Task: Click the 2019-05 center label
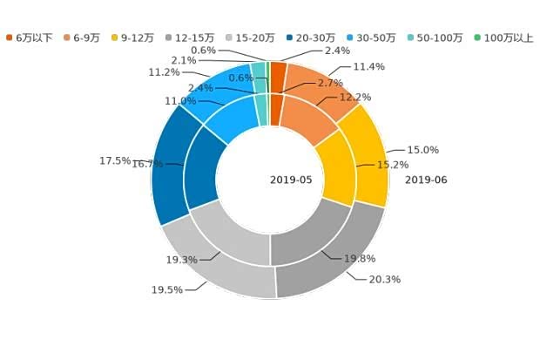290,180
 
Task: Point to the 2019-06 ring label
426,180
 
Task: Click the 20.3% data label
384,279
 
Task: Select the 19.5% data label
167,289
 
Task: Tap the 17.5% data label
114,161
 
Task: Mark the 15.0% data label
423,150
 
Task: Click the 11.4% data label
368,67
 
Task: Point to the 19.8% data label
359,259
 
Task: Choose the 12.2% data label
354,97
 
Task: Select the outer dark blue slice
167,166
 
